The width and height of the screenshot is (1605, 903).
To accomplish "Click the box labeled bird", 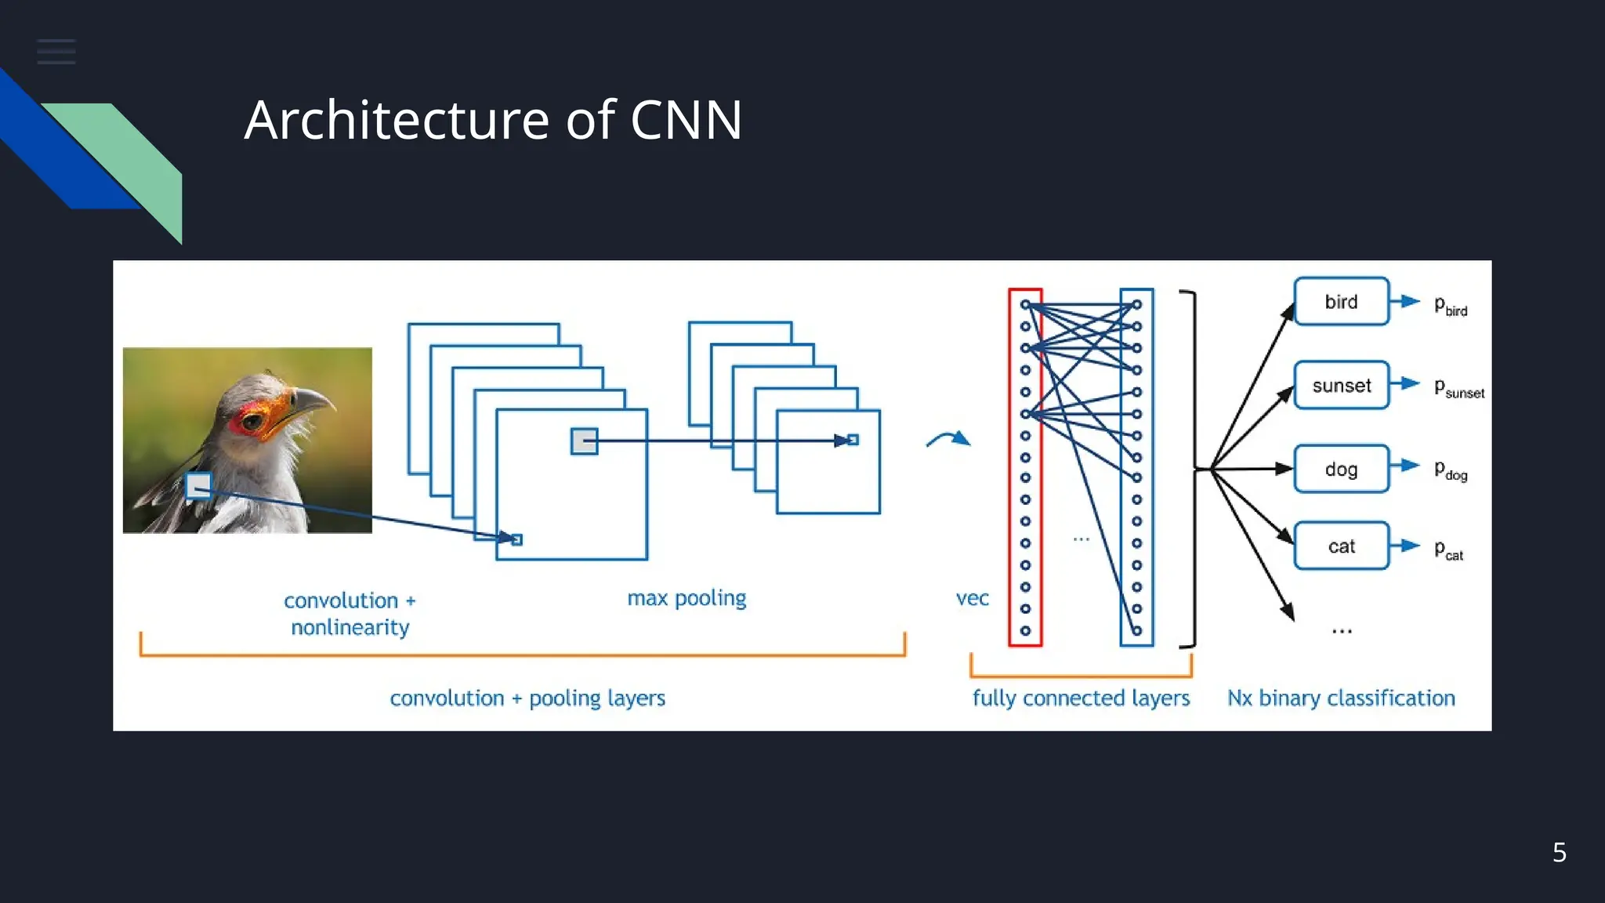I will coord(1341,302).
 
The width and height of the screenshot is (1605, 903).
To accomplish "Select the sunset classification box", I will coord(1341,386).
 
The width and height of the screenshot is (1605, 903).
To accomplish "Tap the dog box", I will coord(1341,470).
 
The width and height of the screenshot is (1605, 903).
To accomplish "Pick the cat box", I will coord(1341,546).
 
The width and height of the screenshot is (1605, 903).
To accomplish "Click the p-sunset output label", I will coord(1458,388).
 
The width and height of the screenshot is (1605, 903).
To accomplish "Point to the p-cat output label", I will coord(1448,550).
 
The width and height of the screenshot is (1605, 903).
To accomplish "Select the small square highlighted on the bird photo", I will coord(198,486).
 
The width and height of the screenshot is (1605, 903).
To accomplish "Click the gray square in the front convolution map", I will coord(584,441).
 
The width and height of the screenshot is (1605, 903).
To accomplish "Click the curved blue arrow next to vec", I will coord(949,439).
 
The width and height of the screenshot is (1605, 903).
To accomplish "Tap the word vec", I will coord(972,599).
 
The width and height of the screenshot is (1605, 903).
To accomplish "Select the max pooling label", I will coord(687,599).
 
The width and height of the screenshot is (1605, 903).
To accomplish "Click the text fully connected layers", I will coord(1081,698).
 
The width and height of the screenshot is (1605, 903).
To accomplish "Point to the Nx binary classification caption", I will coord(1340,698).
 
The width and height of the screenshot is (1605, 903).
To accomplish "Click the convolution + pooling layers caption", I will coord(527,698).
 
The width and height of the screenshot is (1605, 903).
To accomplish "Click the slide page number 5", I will coord(1559,852).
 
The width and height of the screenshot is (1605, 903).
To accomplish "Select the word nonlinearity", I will coord(350,627).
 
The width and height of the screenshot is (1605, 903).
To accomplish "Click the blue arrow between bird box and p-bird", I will coord(1406,301).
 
